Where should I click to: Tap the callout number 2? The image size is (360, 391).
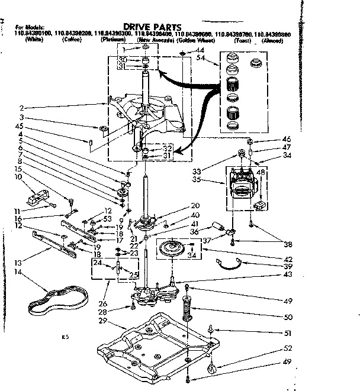pos(21,108)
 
